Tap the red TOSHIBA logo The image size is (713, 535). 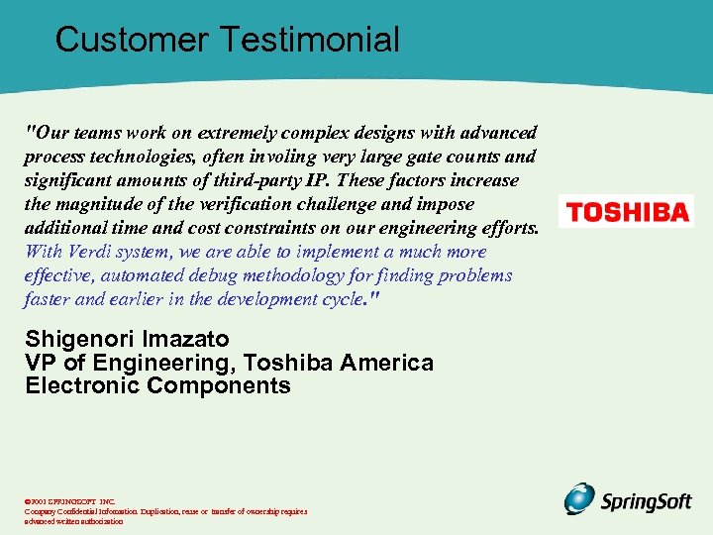point(626,212)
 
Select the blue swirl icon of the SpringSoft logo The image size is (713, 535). point(580,498)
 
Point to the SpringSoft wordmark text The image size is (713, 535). point(647,501)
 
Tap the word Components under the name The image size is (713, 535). point(218,386)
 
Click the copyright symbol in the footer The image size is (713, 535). point(28,501)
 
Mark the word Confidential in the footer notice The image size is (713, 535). point(91,511)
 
